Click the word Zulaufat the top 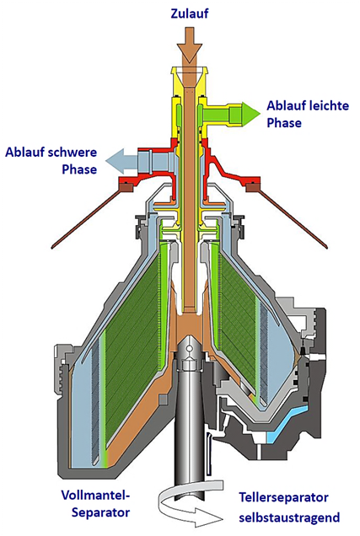click(190, 13)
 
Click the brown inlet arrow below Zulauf click(189, 44)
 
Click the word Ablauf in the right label click(286, 105)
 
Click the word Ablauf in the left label click(24, 152)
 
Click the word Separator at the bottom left click(100, 512)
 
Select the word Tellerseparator click(283, 497)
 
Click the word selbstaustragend click(289, 517)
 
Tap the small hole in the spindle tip click(188, 348)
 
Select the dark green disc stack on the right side click(239, 321)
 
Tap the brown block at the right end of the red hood click(253, 186)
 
